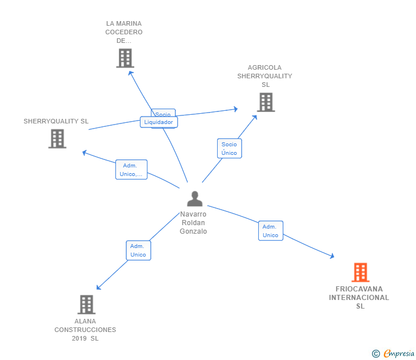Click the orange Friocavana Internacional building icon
tap(360, 273)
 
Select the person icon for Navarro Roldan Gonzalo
tap(195, 199)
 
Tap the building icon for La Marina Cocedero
tap(125, 58)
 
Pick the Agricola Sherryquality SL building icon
tap(266, 102)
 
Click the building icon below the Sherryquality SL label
tap(57, 138)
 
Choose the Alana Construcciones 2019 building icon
tap(86, 305)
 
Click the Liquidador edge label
tap(159, 122)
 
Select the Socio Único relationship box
tap(229, 149)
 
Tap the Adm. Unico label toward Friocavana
tap(270, 231)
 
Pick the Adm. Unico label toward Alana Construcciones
tap(138, 250)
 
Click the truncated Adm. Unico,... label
tap(131, 170)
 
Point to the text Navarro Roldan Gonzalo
tap(193, 223)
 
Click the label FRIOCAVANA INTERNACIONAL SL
tap(359, 297)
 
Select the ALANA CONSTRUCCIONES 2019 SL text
tap(85, 330)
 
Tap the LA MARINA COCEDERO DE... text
tap(124, 32)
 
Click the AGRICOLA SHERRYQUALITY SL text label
tap(265, 76)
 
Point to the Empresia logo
tap(399, 354)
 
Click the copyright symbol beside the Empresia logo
tap(375, 354)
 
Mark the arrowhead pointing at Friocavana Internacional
tap(332, 257)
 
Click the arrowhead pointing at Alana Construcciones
tap(99, 287)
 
